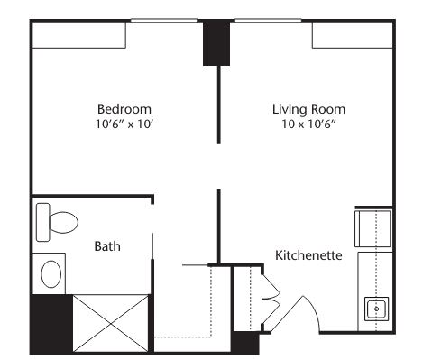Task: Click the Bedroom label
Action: pos(124,109)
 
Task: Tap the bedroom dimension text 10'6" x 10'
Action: pos(124,124)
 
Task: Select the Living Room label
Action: pos(308,109)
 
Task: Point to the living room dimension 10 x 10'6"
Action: pos(308,124)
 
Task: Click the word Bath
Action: pos(107,246)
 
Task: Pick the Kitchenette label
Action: pos(308,255)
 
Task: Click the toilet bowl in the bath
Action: pos(63,222)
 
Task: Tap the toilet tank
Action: pos(42,222)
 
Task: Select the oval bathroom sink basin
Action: pos(51,274)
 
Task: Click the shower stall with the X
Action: pos(111,323)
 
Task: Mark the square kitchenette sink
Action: pos(377,309)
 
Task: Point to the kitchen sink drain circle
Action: pos(377,309)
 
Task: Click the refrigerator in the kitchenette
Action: pos(373,228)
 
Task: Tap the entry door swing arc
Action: pos(314,309)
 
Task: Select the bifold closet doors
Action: pos(271,299)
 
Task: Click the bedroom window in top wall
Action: pos(164,21)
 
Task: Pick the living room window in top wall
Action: pos(268,21)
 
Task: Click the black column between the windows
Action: pos(216,42)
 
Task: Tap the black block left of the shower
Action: pos(51,324)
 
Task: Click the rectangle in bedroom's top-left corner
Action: pos(78,35)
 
